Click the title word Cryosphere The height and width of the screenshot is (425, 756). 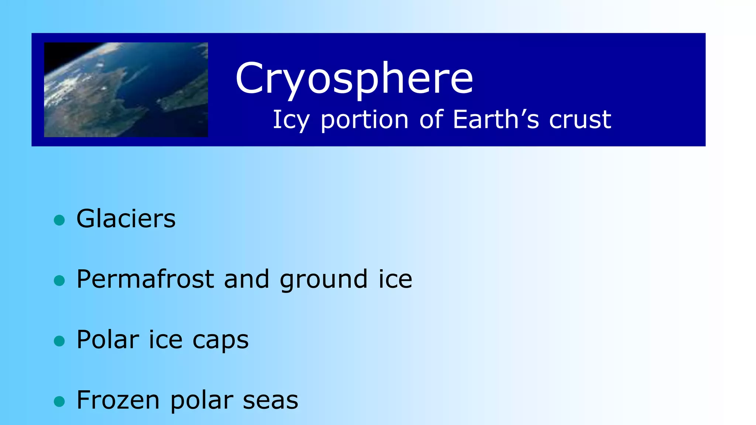354,78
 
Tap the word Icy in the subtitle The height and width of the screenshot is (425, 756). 291,120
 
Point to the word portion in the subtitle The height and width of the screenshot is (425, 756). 364,120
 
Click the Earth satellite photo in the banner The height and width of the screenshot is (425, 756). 126,90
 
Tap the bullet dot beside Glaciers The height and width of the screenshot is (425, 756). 59,220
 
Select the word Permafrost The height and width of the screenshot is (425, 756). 145,279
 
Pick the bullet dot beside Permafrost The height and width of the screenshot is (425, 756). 59,281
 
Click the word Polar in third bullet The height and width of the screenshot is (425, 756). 108,339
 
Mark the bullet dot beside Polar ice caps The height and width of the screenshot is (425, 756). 59,341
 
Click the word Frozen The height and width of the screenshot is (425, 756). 118,400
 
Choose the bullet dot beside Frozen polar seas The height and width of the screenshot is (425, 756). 59,401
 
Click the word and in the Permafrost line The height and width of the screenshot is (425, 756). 247,279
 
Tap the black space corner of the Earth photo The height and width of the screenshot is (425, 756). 55,52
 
